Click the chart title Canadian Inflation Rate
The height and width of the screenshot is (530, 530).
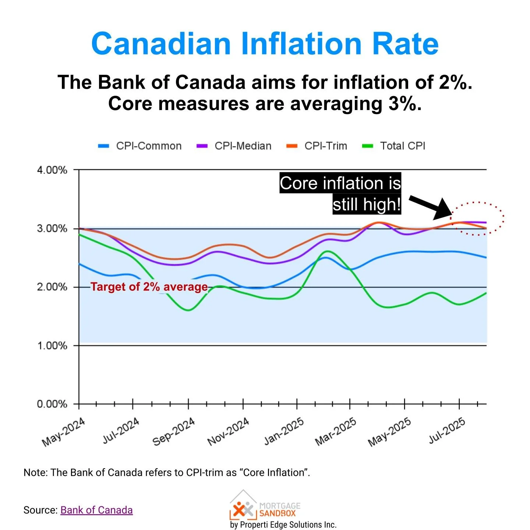[x=265, y=44]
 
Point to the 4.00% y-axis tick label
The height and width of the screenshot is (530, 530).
[x=52, y=170]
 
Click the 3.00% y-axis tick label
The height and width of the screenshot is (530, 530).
[x=52, y=229]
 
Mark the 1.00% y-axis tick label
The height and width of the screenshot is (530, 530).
[x=52, y=346]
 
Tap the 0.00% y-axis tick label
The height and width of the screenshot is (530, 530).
[x=52, y=404]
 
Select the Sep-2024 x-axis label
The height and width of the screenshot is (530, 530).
[x=174, y=432]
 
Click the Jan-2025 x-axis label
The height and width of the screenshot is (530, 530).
[x=284, y=431]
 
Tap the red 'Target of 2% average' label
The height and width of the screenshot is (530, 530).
[x=149, y=287]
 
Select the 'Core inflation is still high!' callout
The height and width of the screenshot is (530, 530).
[x=340, y=194]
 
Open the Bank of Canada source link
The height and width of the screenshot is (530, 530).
[x=96, y=510]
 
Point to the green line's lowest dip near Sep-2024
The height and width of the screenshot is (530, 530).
[x=188, y=310]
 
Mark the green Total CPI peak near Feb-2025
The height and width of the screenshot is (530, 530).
[x=327, y=251]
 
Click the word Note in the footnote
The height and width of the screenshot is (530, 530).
[x=35, y=473]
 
